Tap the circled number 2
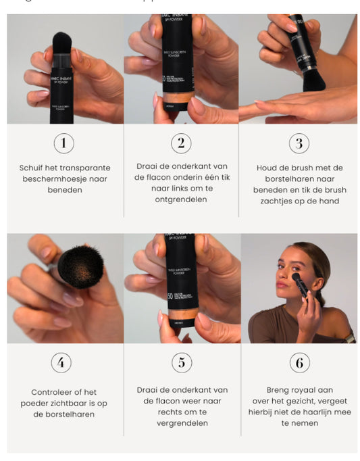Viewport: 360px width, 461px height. [181, 143]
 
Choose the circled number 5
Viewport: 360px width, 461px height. [181, 363]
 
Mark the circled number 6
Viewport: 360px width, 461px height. [299, 363]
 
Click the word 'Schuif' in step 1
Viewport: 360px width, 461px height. [32, 168]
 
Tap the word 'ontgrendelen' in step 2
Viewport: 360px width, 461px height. [181, 200]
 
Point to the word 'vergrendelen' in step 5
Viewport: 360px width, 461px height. [181, 424]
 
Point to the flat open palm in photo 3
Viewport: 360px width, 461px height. [284, 108]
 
